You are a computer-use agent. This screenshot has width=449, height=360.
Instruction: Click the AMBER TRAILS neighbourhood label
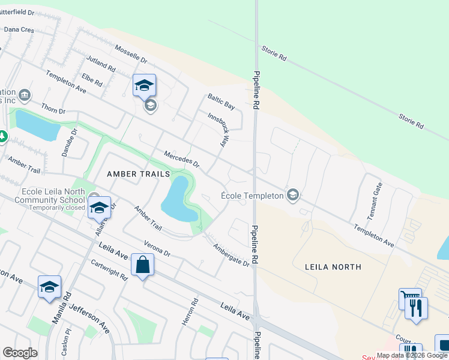[134, 173]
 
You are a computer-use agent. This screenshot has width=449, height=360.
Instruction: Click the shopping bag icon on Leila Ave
[142, 265]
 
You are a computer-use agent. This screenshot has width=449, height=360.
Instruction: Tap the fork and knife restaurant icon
[415, 308]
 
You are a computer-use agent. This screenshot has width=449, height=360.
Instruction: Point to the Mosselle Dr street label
[130, 55]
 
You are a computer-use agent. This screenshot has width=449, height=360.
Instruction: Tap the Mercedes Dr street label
[181, 159]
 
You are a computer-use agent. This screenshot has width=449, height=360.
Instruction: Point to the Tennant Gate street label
[376, 197]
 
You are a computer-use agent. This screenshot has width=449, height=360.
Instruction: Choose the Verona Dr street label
[157, 249]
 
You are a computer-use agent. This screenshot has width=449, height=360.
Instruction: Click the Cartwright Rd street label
[109, 270]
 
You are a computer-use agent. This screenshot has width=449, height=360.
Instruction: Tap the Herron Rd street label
[190, 313]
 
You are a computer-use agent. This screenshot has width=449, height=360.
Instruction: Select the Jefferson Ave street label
[89, 319]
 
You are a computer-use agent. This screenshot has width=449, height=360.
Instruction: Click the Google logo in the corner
[20, 353]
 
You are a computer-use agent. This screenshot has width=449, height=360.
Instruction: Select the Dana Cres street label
[19, 28]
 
